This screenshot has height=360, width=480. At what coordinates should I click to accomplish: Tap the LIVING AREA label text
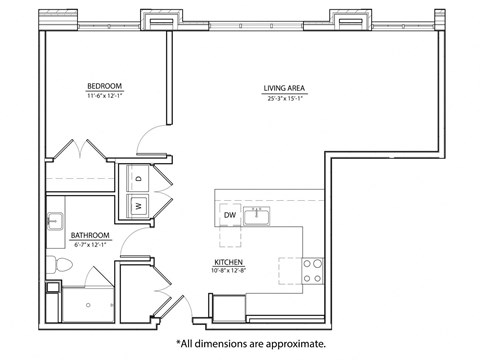[285, 88]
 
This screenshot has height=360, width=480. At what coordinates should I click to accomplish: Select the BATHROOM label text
[90, 236]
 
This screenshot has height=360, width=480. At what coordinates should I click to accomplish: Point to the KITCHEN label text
[228, 261]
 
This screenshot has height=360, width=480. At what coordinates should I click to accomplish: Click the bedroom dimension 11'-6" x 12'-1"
[105, 98]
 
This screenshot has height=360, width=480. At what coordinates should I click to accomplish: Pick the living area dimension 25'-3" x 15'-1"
[285, 98]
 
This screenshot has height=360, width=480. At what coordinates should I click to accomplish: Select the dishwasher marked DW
[230, 215]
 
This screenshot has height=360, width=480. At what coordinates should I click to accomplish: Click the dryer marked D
[138, 179]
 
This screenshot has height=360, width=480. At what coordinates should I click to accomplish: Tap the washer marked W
[138, 206]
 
